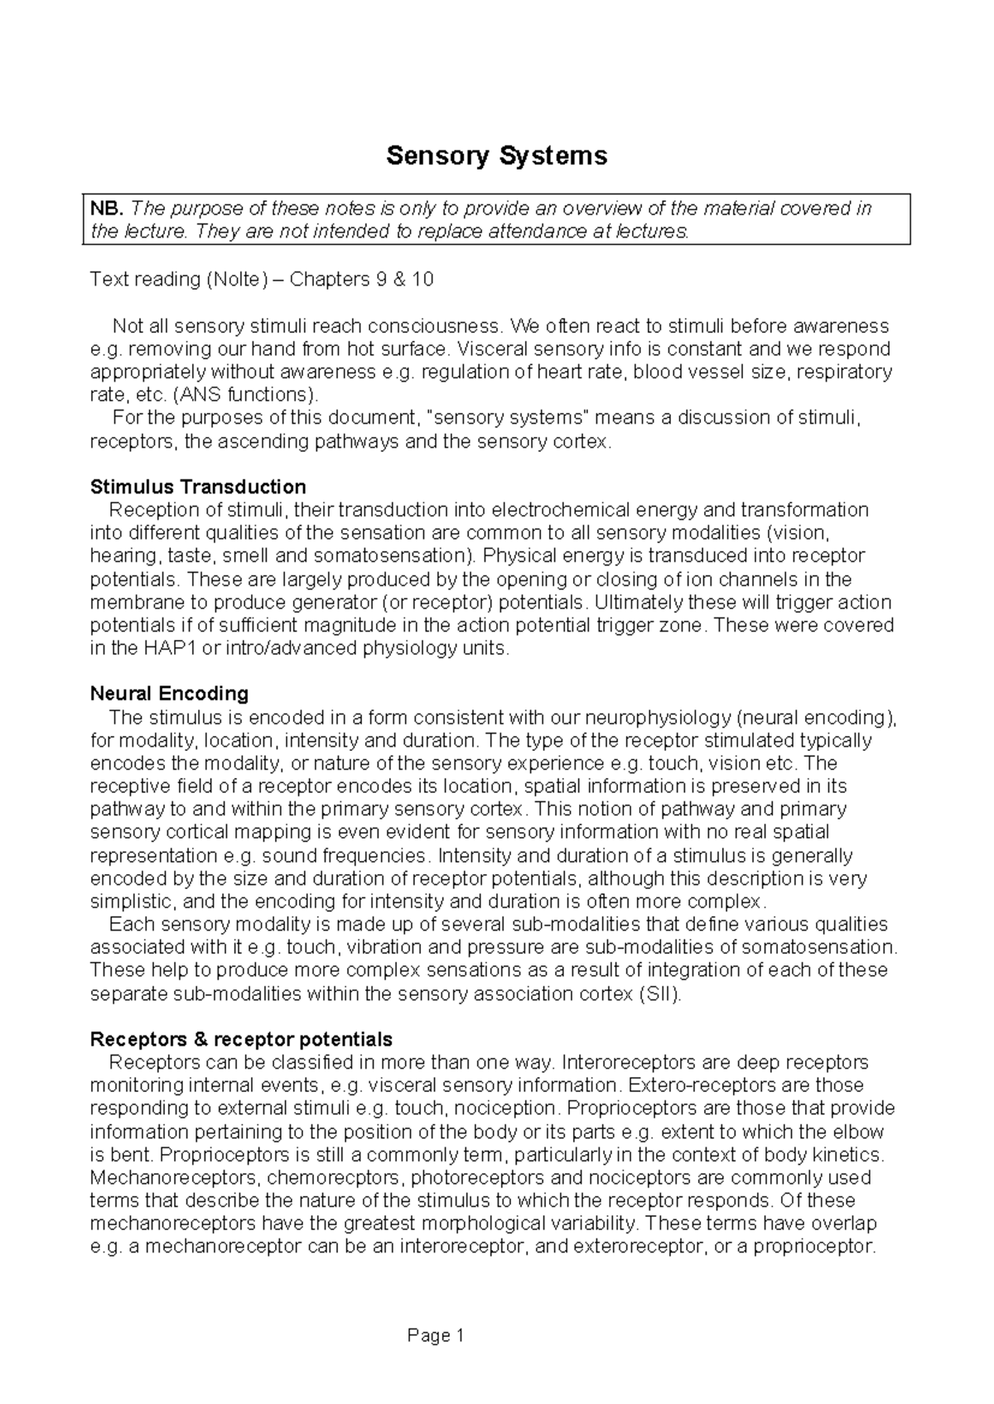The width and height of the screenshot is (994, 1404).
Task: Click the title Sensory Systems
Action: click(x=496, y=155)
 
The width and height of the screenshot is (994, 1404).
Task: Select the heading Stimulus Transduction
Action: click(x=198, y=486)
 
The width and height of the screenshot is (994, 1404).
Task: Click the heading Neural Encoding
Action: click(x=169, y=693)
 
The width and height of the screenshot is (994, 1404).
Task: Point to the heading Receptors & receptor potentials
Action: click(x=241, y=1039)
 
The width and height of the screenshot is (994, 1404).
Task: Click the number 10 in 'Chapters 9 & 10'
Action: click(x=422, y=279)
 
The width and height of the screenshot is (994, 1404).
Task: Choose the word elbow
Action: click(x=861, y=1132)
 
